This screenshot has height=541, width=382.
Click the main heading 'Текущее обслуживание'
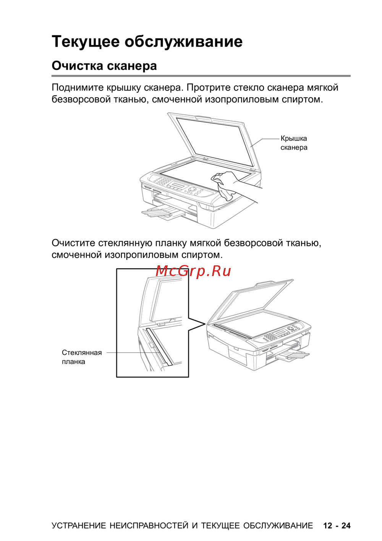tap(147, 42)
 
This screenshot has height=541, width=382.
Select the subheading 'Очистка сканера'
tap(104, 66)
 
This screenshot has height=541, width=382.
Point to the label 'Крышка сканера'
tap(294, 143)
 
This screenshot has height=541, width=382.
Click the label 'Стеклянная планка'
tap(82, 357)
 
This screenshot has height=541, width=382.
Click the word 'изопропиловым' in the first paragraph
tap(242, 99)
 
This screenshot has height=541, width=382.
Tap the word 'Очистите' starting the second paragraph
tap(73, 243)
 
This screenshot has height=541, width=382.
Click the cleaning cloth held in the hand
tap(226, 192)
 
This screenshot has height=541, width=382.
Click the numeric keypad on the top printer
tap(162, 181)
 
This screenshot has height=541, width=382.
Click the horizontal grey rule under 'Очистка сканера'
tap(201, 76)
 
